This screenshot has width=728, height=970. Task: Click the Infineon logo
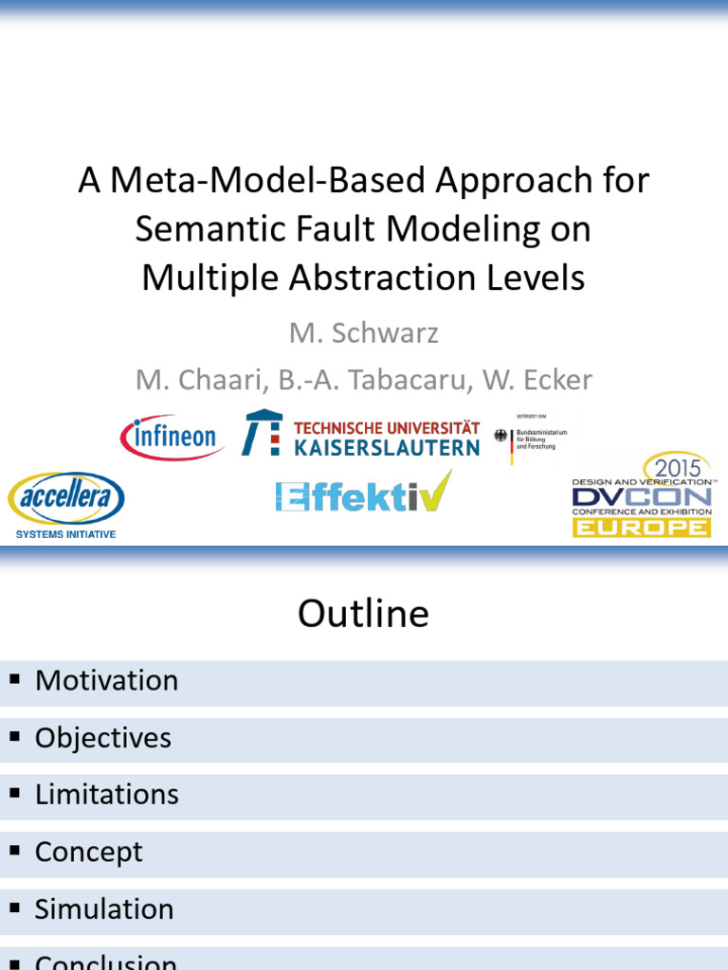(x=172, y=438)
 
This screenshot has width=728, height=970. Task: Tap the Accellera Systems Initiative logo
(x=66, y=505)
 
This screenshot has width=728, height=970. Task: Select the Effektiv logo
(x=363, y=494)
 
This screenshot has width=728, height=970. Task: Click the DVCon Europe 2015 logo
(x=642, y=495)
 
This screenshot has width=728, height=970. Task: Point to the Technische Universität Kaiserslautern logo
(x=360, y=435)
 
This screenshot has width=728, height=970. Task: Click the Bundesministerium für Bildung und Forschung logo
(x=526, y=438)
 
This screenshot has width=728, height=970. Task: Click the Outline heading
(x=363, y=614)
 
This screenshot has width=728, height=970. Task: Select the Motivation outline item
(x=106, y=681)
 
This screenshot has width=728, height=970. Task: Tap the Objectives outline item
(x=102, y=738)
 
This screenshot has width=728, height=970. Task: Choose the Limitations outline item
(x=106, y=795)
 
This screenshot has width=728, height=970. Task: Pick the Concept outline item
(x=88, y=852)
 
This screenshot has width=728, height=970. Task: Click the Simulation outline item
(x=104, y=909)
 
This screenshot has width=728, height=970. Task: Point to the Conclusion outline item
(x=105, y=962)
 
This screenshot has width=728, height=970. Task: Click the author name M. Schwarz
(x=364, y=332)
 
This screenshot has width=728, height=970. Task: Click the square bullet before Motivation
(x=14, y=679)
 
